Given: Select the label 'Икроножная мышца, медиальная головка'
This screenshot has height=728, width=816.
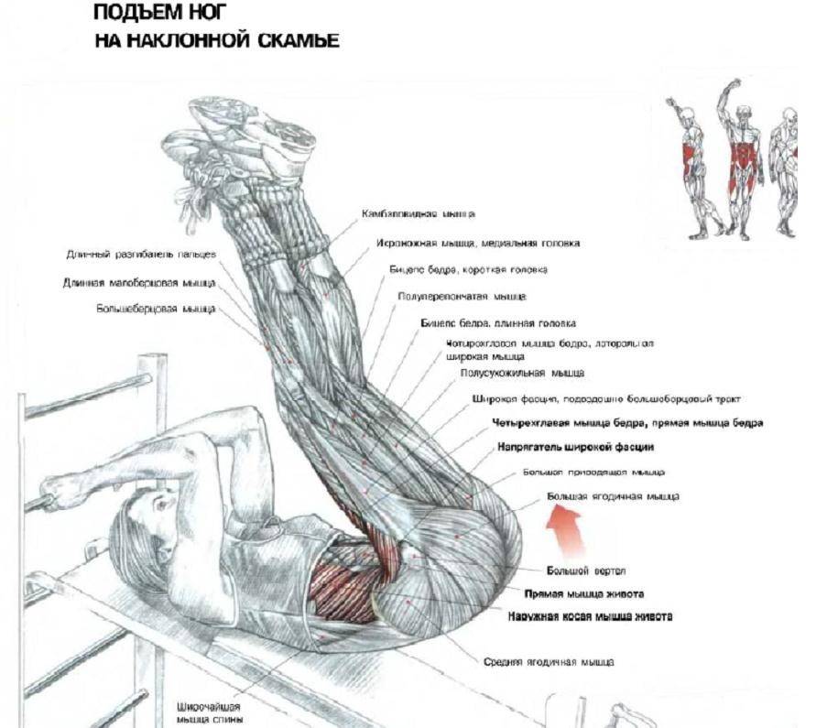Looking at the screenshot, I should [x=477, y=244].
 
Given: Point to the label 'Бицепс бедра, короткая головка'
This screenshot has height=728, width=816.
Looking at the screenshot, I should [x=469, y=270].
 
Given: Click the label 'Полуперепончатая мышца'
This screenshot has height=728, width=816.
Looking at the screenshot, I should [x=462, y=297].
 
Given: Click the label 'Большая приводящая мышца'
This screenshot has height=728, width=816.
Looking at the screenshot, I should [x=593, y=473].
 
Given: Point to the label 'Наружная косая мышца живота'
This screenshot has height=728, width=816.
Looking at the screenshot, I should [x=591, y=616].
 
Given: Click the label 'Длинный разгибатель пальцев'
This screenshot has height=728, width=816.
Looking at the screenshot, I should [x=140, y=255].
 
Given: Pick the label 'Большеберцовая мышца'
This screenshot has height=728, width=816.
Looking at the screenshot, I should [x=156, y=310].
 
